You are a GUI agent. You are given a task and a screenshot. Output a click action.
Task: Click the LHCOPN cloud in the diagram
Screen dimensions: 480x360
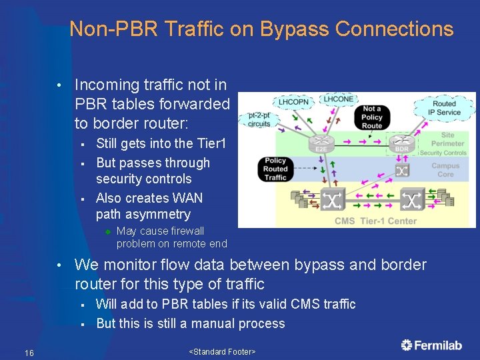click(x=294, y=103)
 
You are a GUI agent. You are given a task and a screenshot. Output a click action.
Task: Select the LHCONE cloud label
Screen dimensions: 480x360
click(x=339, y=99)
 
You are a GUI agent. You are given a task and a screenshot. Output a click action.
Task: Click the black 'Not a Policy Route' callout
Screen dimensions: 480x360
click(x=372, y=117)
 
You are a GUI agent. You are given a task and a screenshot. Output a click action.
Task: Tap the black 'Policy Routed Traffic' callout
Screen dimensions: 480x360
click(x=275, y=169)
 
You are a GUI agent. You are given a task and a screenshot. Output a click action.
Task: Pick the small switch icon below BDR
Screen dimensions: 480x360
click(x=401, y=171)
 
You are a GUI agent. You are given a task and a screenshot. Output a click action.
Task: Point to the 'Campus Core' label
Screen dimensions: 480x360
click(x=445, y=170)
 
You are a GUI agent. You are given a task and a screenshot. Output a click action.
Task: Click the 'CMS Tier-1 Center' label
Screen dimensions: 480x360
click(x=375, y=221)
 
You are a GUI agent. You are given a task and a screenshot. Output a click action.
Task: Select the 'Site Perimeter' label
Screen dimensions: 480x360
click(x=447, y=139)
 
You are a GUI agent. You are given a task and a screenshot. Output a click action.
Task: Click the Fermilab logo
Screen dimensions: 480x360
click(x=431, y=345)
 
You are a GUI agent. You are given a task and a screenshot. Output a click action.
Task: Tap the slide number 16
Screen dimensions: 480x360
click(x=29, y=352)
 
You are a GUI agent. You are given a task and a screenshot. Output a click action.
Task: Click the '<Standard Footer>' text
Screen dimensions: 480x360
click(x=222, y=351)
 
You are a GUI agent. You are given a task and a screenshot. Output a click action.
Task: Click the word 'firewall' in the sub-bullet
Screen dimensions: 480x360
click(x=187, y=231)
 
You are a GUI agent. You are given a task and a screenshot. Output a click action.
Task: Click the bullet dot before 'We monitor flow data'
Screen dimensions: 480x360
click(x=59, y=265)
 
